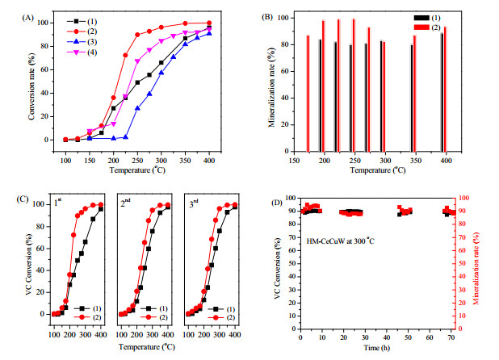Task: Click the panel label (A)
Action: point(27,18)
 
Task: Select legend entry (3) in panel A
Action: point(82,42)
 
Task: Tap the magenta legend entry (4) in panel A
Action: point(82,52)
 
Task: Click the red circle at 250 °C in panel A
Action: point(137,35)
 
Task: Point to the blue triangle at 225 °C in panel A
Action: point(125,137)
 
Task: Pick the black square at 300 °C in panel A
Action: point(161,63)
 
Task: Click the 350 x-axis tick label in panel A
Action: point(185,161)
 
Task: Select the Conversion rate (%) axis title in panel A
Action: point(31,86)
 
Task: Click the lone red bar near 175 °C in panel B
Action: point(308,94)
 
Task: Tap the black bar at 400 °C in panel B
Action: point(442,92)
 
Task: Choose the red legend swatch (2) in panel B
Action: point(421,27)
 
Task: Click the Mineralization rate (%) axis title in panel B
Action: point(272,87)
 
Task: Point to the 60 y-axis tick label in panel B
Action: point(285,71)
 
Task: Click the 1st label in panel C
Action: point(57,203)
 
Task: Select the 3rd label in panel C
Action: point(194,203)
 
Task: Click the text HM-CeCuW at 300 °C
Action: point(340,241)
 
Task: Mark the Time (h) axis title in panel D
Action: point(377,348)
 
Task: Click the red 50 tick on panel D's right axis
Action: point(460,263)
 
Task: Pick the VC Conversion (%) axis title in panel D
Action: point(278,268)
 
